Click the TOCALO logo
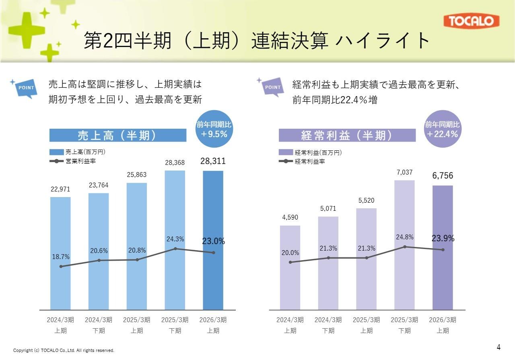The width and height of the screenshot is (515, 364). pyautogui.click(x=472, y=21)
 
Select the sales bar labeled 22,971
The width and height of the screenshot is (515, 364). pyautogui.click(x=60, y=253)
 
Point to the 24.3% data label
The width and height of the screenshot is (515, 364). pyautogui.click(x=175, y=239)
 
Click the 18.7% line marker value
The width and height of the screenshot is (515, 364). pyautogui.click(x=61, y=257)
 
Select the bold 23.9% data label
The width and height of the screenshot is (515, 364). pyautogui.click(x=443, y=239)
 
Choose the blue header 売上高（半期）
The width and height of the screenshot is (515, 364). pyautogui.click(x=117, y=136)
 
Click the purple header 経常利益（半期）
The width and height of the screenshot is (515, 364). pyautogui.click(x=347, y=136)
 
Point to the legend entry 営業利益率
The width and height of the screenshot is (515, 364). pyautogui.click(x=80, y=161)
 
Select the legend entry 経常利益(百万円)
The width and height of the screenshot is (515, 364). pyautogui.click(x=318, y=152)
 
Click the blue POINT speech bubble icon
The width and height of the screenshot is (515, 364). pyautogui.click(x=27, y=88)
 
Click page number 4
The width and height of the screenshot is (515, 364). pyautogui.click(x=499, y=348)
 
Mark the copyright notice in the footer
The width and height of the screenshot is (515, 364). pyautogui.click(x=64, y=350)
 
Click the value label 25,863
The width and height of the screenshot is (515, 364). pyautogui.click(x=136, y=175)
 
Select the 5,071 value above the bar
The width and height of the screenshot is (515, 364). pyautogui.click(x=328, y=209)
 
